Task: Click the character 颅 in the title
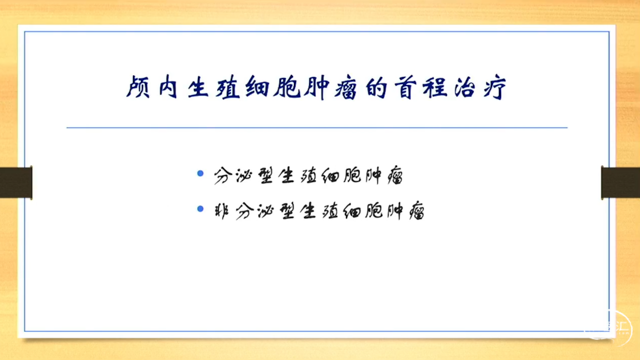[137, 87]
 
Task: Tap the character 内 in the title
[168, 87]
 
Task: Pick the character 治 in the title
[465, 87]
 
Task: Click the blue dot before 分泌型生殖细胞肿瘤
[200, 173]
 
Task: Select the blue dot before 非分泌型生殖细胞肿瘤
[200, 209]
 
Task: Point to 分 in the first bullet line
[223, 175]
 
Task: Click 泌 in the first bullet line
[244, 175]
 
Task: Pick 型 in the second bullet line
[287, 211]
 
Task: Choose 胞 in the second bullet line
[373, 211]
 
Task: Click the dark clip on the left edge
[16, 182]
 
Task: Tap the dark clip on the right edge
[620, 182]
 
